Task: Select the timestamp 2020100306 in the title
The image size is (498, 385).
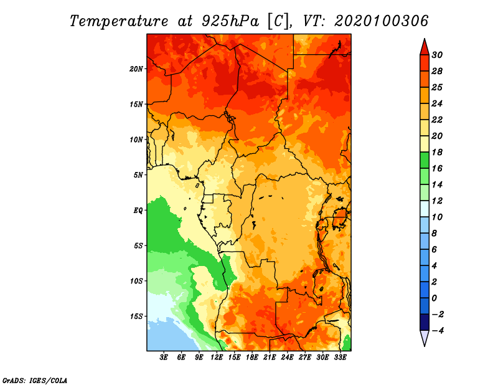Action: [x=381, y=21]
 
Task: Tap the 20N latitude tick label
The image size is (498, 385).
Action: [x=136, y=69]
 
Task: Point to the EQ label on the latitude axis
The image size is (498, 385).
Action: [x=138, y=211]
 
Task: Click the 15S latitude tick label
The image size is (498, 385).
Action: [x=136, y=316]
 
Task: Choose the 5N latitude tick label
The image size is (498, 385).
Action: [x=138, y=175]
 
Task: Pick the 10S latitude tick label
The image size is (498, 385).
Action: [x=136, y=281]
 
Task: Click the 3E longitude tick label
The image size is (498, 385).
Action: [x=164, y=358]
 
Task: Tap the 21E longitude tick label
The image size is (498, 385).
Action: [x=270, y=358]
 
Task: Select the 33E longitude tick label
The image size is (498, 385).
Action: [x=340, y=358]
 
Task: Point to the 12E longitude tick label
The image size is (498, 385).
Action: [x=217, y=358]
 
